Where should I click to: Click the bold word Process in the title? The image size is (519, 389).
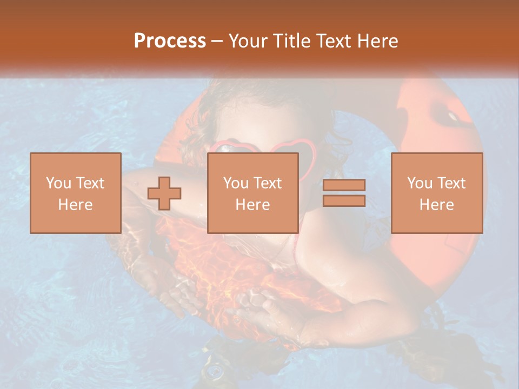[x=170, y=41]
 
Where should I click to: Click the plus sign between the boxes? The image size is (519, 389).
[x=164, y=193]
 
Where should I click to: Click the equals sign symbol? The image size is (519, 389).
[x=344, y=193]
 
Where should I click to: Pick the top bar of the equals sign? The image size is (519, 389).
[x=344, y=185]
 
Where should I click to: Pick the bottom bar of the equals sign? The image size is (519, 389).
[x=344, y=200]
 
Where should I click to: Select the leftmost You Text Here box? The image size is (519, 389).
[x=76, y=193]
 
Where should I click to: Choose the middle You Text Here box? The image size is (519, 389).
[x=253, y=193]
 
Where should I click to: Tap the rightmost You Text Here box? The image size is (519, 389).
[x=437, y=193]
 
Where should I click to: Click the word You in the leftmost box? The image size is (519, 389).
[x=58, y=183]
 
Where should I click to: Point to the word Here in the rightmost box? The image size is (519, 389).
[x=437, y=205]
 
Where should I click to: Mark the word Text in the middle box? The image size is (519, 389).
[x=268, y=183]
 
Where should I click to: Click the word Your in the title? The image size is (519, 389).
[x=248, y=41]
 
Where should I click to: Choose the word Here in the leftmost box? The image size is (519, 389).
[x=76, y=205]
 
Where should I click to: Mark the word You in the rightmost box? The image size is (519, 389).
[x=419, y=183]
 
